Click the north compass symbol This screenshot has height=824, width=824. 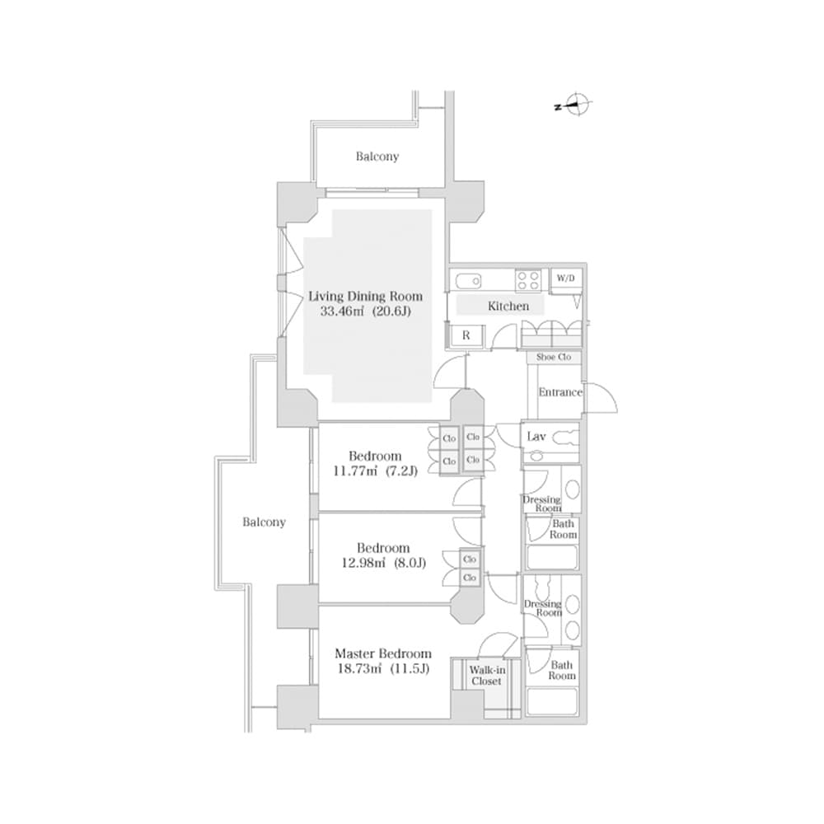coord(580,105)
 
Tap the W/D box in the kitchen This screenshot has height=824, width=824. coord(564,279)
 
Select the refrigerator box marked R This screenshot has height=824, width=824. coord(466,335)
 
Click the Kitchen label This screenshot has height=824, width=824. coord(508,306)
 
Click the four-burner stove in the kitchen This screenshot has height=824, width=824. coord(528,280)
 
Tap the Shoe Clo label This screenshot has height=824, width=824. coord(554,358)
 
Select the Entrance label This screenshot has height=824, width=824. coord(560,392)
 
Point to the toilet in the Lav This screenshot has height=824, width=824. coord(564,438)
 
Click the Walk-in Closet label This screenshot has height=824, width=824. coord(486,676)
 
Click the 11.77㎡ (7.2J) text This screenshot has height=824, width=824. coord(375,471)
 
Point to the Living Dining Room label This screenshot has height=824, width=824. coord(365,296)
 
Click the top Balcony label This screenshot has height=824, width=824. coord(377,156)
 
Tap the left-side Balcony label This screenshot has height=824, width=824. coord(265,522)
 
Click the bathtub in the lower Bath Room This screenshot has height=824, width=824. coord(552,701)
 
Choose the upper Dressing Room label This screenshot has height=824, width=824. coord(541,503)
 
